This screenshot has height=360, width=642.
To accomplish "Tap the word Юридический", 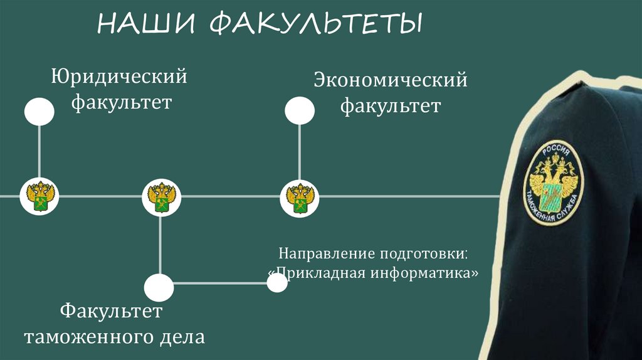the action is [120, 78].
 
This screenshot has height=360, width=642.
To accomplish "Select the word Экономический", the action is [391, 81].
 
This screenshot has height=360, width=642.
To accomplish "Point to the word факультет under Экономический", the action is [391, 105].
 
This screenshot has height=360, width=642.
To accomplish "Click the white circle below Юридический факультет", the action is [39, 112].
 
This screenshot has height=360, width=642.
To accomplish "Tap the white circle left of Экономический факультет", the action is [300, 111].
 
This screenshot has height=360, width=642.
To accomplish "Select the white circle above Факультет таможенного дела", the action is [159, 287].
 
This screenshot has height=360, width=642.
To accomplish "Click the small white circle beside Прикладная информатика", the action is [276, 282].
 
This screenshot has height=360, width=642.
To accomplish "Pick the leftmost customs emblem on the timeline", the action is [39, 196].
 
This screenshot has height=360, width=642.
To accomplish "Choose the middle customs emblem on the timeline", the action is [160, 196].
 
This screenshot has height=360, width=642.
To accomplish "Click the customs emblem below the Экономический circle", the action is [299, 196].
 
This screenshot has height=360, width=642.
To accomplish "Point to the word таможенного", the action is [84, 337].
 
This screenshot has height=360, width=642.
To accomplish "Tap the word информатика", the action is [428, 274].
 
